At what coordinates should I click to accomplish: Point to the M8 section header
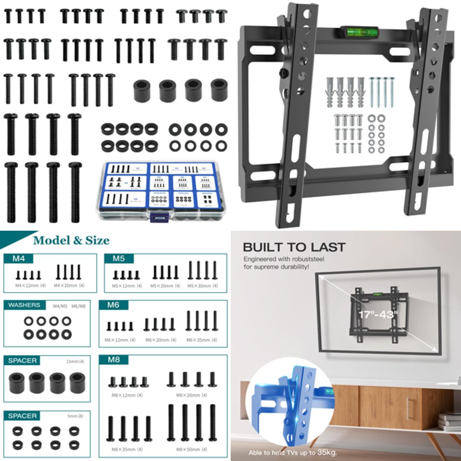[114, 359]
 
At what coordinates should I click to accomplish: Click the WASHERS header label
[24, 305]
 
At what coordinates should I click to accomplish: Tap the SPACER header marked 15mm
[23, 361]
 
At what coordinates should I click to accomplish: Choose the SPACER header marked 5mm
[23, 416]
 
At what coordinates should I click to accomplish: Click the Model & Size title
[71, 240]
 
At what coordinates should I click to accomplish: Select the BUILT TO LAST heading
[294, 247]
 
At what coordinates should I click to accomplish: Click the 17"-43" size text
[378, 315]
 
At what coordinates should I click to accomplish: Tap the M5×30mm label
[202, 286]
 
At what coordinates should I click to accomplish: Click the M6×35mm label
[202, 340]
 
